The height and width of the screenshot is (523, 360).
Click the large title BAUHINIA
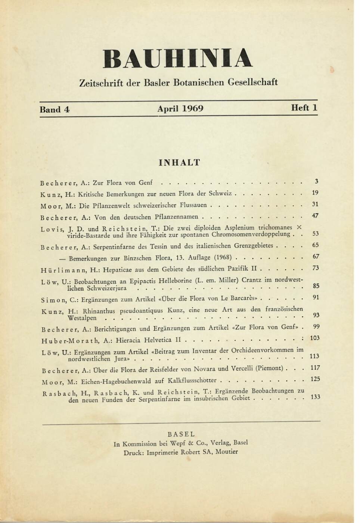178,59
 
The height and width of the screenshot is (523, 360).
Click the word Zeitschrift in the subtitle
101,83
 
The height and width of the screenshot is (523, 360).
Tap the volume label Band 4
55,110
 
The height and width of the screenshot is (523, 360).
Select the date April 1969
180,109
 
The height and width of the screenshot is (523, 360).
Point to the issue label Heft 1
304,108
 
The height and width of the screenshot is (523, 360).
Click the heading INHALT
179,163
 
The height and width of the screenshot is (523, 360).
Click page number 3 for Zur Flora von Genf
316,181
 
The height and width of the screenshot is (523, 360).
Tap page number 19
315,193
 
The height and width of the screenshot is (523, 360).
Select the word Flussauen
193,205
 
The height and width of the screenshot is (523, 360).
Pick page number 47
315,215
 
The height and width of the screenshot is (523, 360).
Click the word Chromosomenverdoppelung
251,234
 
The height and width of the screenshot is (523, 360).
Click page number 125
315,379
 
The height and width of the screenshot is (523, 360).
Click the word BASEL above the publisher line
181,434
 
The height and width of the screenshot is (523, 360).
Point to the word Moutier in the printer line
226,452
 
